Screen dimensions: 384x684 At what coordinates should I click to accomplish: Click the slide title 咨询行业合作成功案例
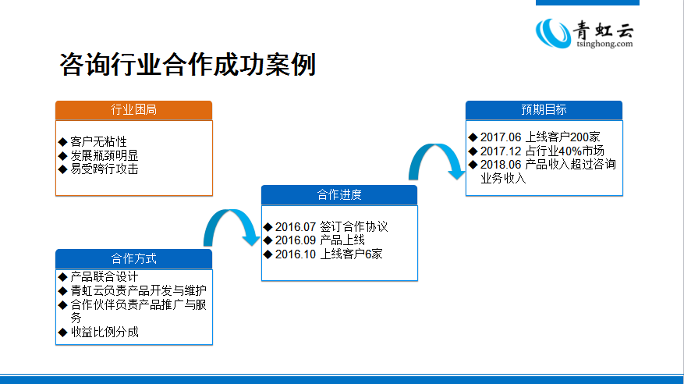pos(187,65)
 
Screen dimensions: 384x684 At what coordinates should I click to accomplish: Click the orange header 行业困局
pos(133,110)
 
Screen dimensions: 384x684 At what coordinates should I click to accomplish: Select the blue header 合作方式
pos(133,258)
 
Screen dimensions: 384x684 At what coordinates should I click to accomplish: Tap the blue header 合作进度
pos(339,194)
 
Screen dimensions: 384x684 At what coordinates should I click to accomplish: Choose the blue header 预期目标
pos(544,110)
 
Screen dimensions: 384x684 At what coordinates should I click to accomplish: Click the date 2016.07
pos(296,227)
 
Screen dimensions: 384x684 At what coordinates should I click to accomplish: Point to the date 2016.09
pos(296,240)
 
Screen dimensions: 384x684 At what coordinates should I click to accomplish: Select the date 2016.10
pos(296,254)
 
